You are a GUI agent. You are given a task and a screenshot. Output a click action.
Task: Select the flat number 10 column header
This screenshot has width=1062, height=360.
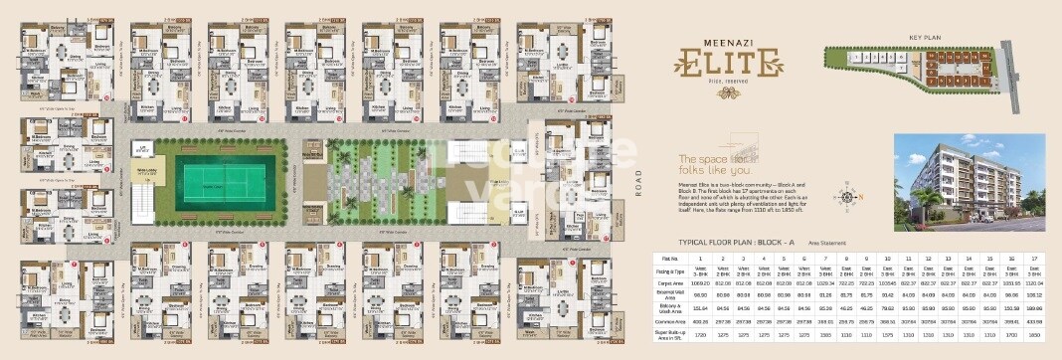coord(887,257)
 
